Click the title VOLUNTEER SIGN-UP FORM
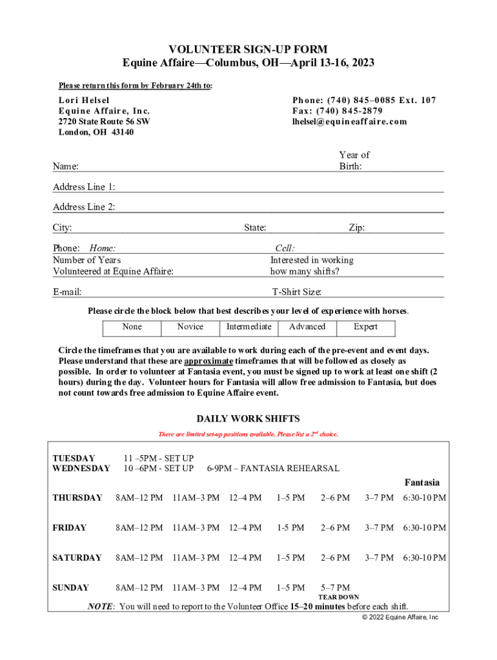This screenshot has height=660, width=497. click(249, 50)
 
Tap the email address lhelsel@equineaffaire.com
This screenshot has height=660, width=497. click(349, 121)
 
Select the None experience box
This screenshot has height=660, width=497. click(132, 327)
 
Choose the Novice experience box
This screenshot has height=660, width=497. click(190, 327)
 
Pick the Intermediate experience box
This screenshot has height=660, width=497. click(249, 327)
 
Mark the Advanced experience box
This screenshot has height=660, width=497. click(307, 327)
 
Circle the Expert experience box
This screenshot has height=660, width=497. click(365, 327)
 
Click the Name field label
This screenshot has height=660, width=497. click(65, 166)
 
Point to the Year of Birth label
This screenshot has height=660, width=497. click(354, 160)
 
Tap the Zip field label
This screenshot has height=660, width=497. click(356, 228)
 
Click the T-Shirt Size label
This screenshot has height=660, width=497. click(296, 292)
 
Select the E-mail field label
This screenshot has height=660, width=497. click(67, 292)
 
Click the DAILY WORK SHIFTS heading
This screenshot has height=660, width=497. click(248, 419)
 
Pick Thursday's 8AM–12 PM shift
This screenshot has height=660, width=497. click(139, 498)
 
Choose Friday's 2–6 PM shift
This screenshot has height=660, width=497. click(335, 528)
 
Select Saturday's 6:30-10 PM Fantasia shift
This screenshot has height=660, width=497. click(424, 558)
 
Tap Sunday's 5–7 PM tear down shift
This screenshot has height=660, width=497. click(335, 588)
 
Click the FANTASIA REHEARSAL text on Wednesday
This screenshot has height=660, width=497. click(272, 468)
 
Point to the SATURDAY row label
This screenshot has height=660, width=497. click(77, 558)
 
